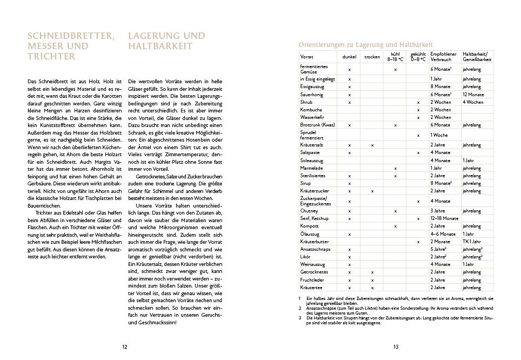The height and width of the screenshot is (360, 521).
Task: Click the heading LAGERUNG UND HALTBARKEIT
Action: click(166, 41)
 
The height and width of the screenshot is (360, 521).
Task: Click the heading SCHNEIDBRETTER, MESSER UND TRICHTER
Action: click(71, 46)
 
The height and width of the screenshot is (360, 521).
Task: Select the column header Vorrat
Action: click(307, 57)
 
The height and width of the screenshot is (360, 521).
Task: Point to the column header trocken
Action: click(372, 57)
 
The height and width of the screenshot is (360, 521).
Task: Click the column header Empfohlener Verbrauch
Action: click(444, 57)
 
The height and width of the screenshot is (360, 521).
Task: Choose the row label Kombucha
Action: click(311, 110)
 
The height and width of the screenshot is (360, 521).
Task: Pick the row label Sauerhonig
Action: click(312, 95)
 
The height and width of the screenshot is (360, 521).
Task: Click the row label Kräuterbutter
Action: click(314, 242)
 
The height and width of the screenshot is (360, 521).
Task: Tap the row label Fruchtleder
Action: click(312, 280)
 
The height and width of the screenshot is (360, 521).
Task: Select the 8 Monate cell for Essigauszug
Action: click(440, 86)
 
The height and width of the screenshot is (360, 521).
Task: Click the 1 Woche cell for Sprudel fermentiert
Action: click(439, 135)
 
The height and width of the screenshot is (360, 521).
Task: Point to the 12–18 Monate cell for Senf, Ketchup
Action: click(444, 218)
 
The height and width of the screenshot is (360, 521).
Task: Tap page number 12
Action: click(124, 346)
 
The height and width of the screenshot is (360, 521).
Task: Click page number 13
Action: click(396, 346)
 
